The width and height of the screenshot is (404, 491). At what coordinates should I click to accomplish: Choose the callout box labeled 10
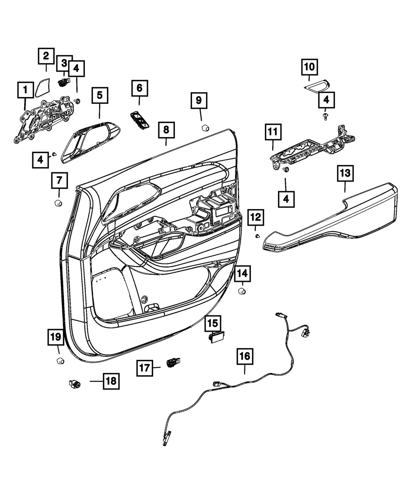pos(309,67)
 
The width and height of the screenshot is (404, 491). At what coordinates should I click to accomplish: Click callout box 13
pos(345,174)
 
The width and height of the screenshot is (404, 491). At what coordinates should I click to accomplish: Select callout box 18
pos(111,381)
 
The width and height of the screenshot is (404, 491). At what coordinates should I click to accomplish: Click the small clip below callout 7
pos(58,202)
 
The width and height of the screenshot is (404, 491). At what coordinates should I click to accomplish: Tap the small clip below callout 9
pos(205,128)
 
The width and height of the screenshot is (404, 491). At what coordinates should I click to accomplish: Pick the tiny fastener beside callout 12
pos(257,235)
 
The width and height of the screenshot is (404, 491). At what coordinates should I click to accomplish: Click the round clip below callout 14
pos(242,292)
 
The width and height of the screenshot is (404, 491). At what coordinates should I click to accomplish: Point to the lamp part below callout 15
pos(216,337)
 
